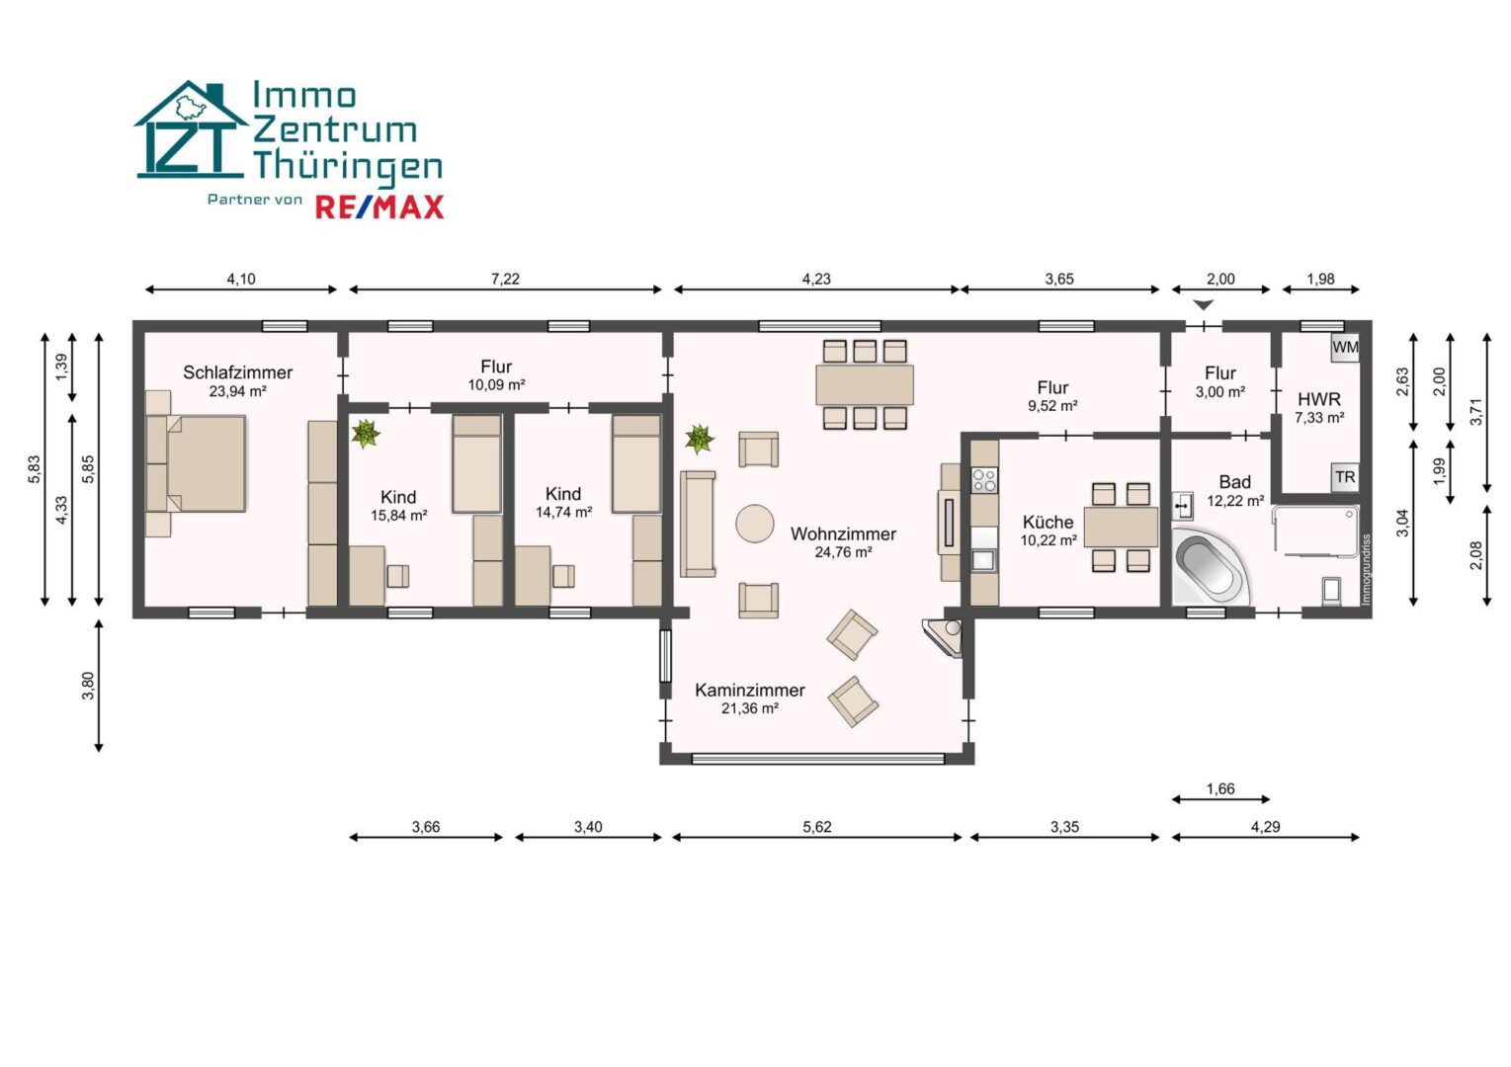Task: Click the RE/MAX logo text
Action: point(379,207)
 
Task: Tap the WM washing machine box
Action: point(1345,348)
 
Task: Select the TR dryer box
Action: point(1345,477)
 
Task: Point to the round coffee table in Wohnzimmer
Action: point(755,524)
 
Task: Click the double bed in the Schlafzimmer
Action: point(196,463)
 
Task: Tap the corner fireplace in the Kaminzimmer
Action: point(943,637)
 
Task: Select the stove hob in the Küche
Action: point(984,481)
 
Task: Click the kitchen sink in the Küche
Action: point(984,560)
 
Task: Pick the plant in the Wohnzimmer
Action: point(700,439)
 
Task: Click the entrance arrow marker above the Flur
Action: point(1204,305)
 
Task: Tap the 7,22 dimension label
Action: point(505,279)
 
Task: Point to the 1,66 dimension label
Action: point(1220,788)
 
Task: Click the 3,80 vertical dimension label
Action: point(88,686)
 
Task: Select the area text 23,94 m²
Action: point(237,391)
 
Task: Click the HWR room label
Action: point(1319,399)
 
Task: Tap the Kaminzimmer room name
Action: point(749,690)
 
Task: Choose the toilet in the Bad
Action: point(1331,591)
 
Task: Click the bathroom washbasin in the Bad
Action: point(1183,506)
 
